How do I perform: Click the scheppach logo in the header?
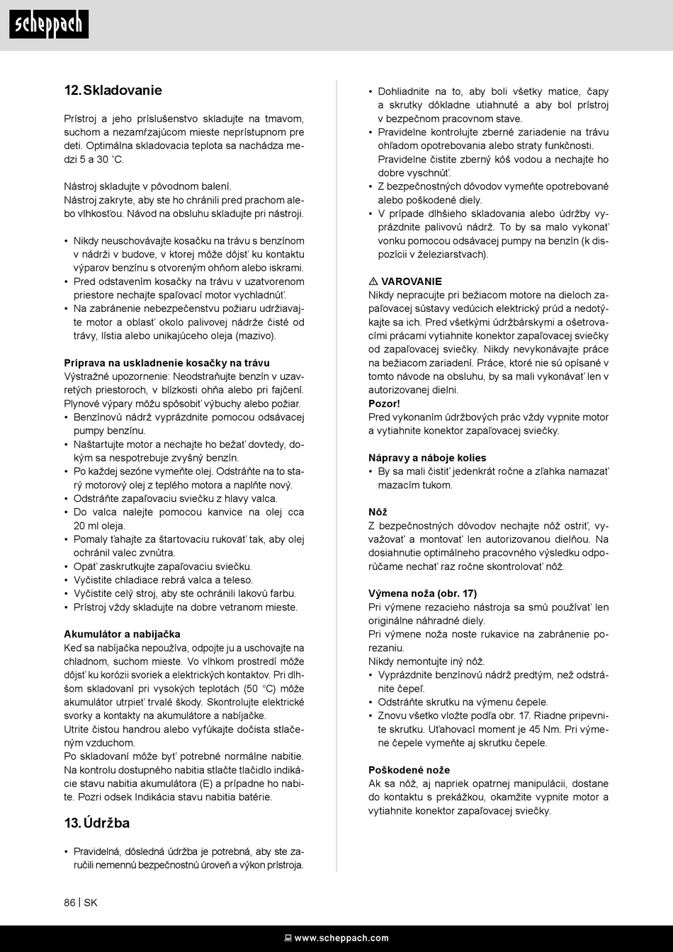49,24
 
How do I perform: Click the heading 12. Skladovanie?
113,90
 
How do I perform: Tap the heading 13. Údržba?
97,823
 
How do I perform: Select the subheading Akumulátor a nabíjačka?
122,634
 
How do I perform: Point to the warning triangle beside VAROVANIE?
373,281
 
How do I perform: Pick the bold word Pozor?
384,403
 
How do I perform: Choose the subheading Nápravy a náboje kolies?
427,458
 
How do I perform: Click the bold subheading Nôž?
378,512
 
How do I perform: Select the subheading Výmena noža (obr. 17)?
422,593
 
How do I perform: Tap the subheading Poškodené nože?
409,770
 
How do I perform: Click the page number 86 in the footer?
69,902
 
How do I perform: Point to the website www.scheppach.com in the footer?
341,938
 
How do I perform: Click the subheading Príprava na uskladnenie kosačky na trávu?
166,363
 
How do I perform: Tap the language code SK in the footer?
91,902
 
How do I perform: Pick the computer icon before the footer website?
288,938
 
